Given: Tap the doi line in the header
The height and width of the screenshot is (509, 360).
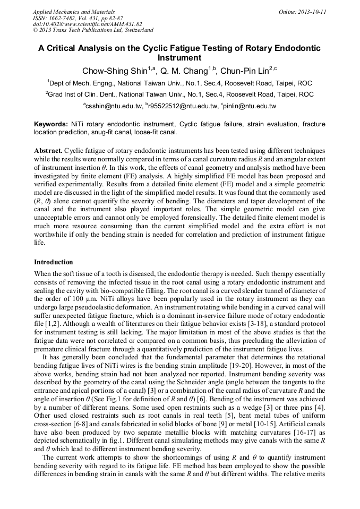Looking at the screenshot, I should point(87,24).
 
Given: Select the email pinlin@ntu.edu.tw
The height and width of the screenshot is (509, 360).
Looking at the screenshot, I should point(250,106).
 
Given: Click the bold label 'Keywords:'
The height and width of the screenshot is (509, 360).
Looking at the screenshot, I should point(50,124).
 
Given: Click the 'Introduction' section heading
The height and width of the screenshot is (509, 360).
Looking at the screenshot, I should point(54,262).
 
